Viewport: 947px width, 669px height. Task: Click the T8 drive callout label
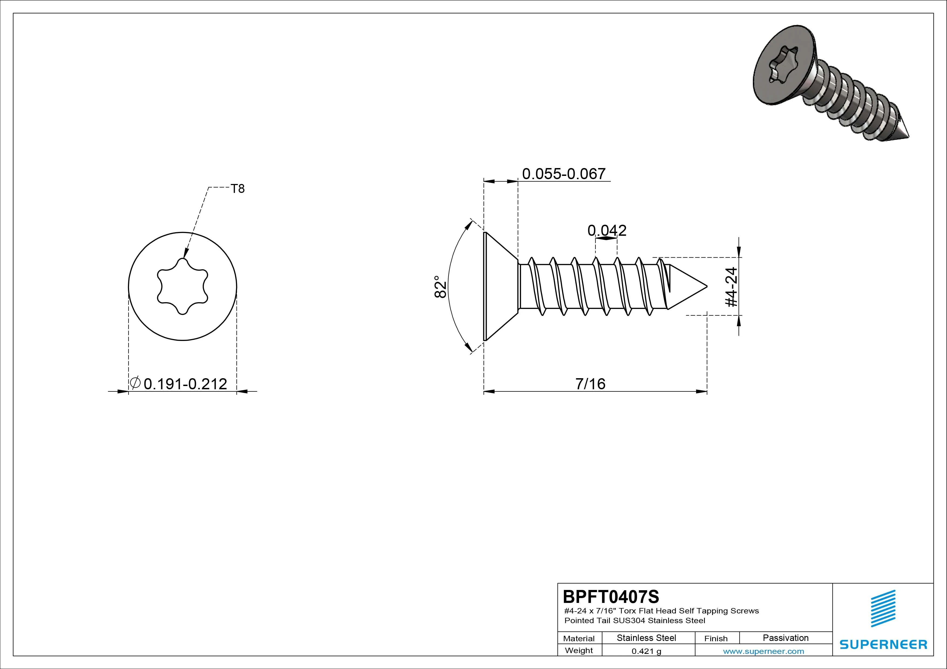pos(238,189)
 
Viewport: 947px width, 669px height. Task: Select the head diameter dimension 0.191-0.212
pos(185,384)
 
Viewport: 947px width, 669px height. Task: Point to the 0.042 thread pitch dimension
pos(607,230)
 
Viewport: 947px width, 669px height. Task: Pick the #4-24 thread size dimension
pos(731,287)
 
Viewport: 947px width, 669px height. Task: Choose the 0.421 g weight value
pos(646,651)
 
